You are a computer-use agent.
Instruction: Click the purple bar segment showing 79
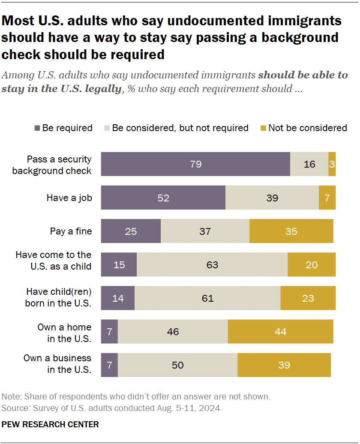click(195, 164)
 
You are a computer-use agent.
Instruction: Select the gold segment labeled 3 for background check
click(332, 164)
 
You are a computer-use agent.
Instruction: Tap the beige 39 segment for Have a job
click(272, 198)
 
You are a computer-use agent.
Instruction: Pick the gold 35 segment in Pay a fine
click(291, 231)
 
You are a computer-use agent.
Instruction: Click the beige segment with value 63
click(212, 264)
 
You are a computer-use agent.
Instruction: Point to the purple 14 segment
click(117, 298)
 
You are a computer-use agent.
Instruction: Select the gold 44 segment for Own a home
click(280, 331)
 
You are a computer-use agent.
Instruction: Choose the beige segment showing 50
click(177, 365)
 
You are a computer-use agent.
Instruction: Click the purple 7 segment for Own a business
click(109, 365)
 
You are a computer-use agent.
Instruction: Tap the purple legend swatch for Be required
click(37, 128)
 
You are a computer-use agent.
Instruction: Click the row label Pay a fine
click(71, 231)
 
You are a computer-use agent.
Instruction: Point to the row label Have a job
click(69, 198)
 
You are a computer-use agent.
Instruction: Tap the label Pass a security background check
click(52, 165)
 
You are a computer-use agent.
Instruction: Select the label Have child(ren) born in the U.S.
click(59, 298)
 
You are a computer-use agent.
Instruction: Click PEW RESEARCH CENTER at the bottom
click(51, 424)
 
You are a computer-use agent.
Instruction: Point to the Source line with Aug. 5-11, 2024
click(112, 408)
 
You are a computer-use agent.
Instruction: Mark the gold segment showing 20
click(312, 264)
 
